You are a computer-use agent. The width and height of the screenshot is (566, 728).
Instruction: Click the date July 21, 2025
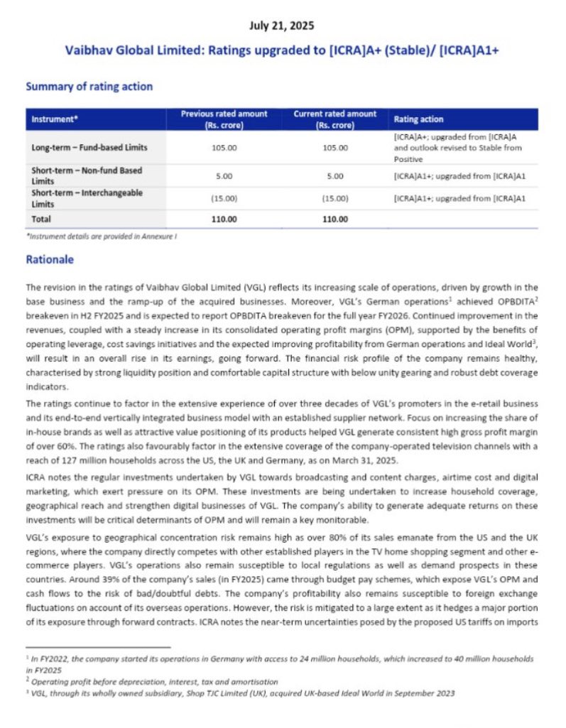282,26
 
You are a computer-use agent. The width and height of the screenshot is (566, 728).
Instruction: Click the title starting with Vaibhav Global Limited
282,52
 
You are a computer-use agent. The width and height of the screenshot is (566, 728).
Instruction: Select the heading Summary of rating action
89,87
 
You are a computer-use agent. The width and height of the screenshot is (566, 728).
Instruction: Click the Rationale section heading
50,259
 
